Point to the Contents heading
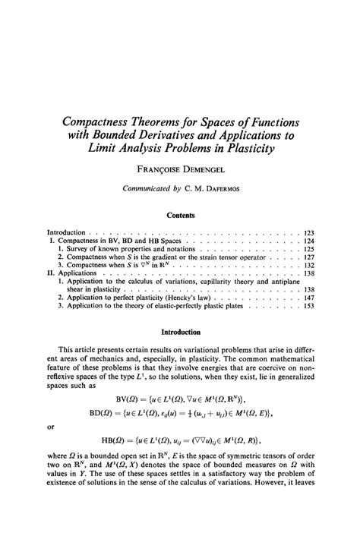[x=180, y=215]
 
